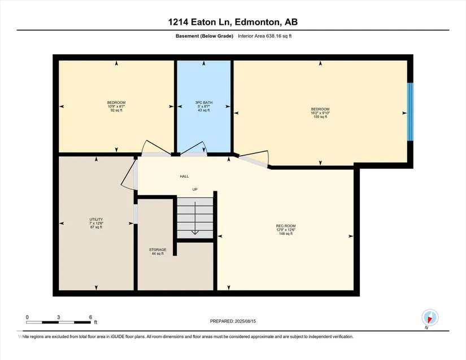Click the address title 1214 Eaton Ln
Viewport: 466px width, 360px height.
201,22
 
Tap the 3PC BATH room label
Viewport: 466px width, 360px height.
204,102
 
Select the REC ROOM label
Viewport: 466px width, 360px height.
286,226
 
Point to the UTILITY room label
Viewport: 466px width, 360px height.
96,219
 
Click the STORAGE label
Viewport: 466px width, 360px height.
158,249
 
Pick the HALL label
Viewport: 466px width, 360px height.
184,176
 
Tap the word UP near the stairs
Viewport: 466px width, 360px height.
195,190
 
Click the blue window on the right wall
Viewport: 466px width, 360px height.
410,112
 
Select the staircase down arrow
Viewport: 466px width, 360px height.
195,218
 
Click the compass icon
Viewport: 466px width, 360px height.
430,318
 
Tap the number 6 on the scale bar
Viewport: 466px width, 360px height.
90,317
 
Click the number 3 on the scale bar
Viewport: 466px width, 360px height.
59,317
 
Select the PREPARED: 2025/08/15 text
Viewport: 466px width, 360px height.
233,321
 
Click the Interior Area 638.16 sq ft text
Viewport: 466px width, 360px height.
265,36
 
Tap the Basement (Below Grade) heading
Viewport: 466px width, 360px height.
204,36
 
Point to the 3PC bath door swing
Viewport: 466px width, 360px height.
193,148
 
